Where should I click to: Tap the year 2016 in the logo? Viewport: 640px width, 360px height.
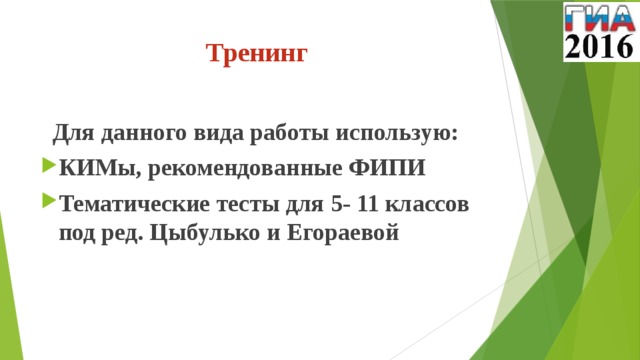599,46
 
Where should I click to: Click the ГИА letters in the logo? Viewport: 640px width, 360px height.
599,18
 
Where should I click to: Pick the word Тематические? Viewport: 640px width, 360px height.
132,204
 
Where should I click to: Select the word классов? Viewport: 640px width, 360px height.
430,204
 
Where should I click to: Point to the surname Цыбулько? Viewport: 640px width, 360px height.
210,234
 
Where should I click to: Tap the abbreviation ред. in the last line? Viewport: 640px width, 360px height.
122,234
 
